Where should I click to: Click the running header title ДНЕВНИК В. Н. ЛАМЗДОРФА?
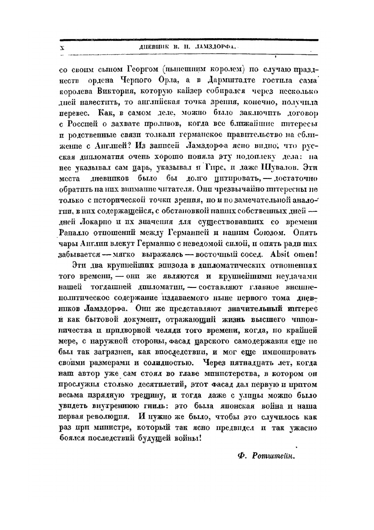pos(190,47)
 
